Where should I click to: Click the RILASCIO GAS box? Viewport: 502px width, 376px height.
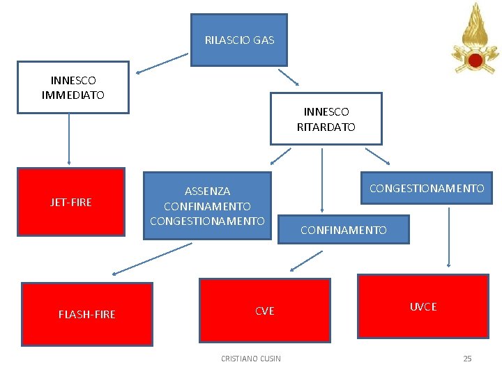[x=239, y=40]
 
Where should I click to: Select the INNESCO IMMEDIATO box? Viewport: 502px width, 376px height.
[x=73, y=87]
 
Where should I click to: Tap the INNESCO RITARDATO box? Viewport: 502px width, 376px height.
[x=326, y=118]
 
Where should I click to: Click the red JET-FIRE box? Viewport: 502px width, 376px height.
[x=70, y=202]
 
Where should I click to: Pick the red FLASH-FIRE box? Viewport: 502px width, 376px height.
[x=87, y=313]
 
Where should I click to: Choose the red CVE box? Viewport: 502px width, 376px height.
[x=264, y=311]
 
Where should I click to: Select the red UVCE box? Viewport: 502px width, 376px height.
[x=423, y=306]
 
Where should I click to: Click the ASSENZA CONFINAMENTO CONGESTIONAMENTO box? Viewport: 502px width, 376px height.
[x=207, y=205]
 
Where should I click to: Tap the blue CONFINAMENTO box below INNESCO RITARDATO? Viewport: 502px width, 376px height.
[x=343, y=230]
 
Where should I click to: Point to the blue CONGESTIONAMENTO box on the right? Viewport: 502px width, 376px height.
[x=426, y=188]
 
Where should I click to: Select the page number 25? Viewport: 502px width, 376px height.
[x=467, y=359]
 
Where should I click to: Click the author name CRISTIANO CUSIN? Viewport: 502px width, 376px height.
[x=251, y=359]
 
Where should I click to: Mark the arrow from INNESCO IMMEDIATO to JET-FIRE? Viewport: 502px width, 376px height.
[x=69, y=139]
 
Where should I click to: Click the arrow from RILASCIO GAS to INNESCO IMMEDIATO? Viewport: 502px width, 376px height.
[x=162, y=63]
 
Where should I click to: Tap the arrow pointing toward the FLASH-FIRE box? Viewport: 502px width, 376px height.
[x=152, y=258]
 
